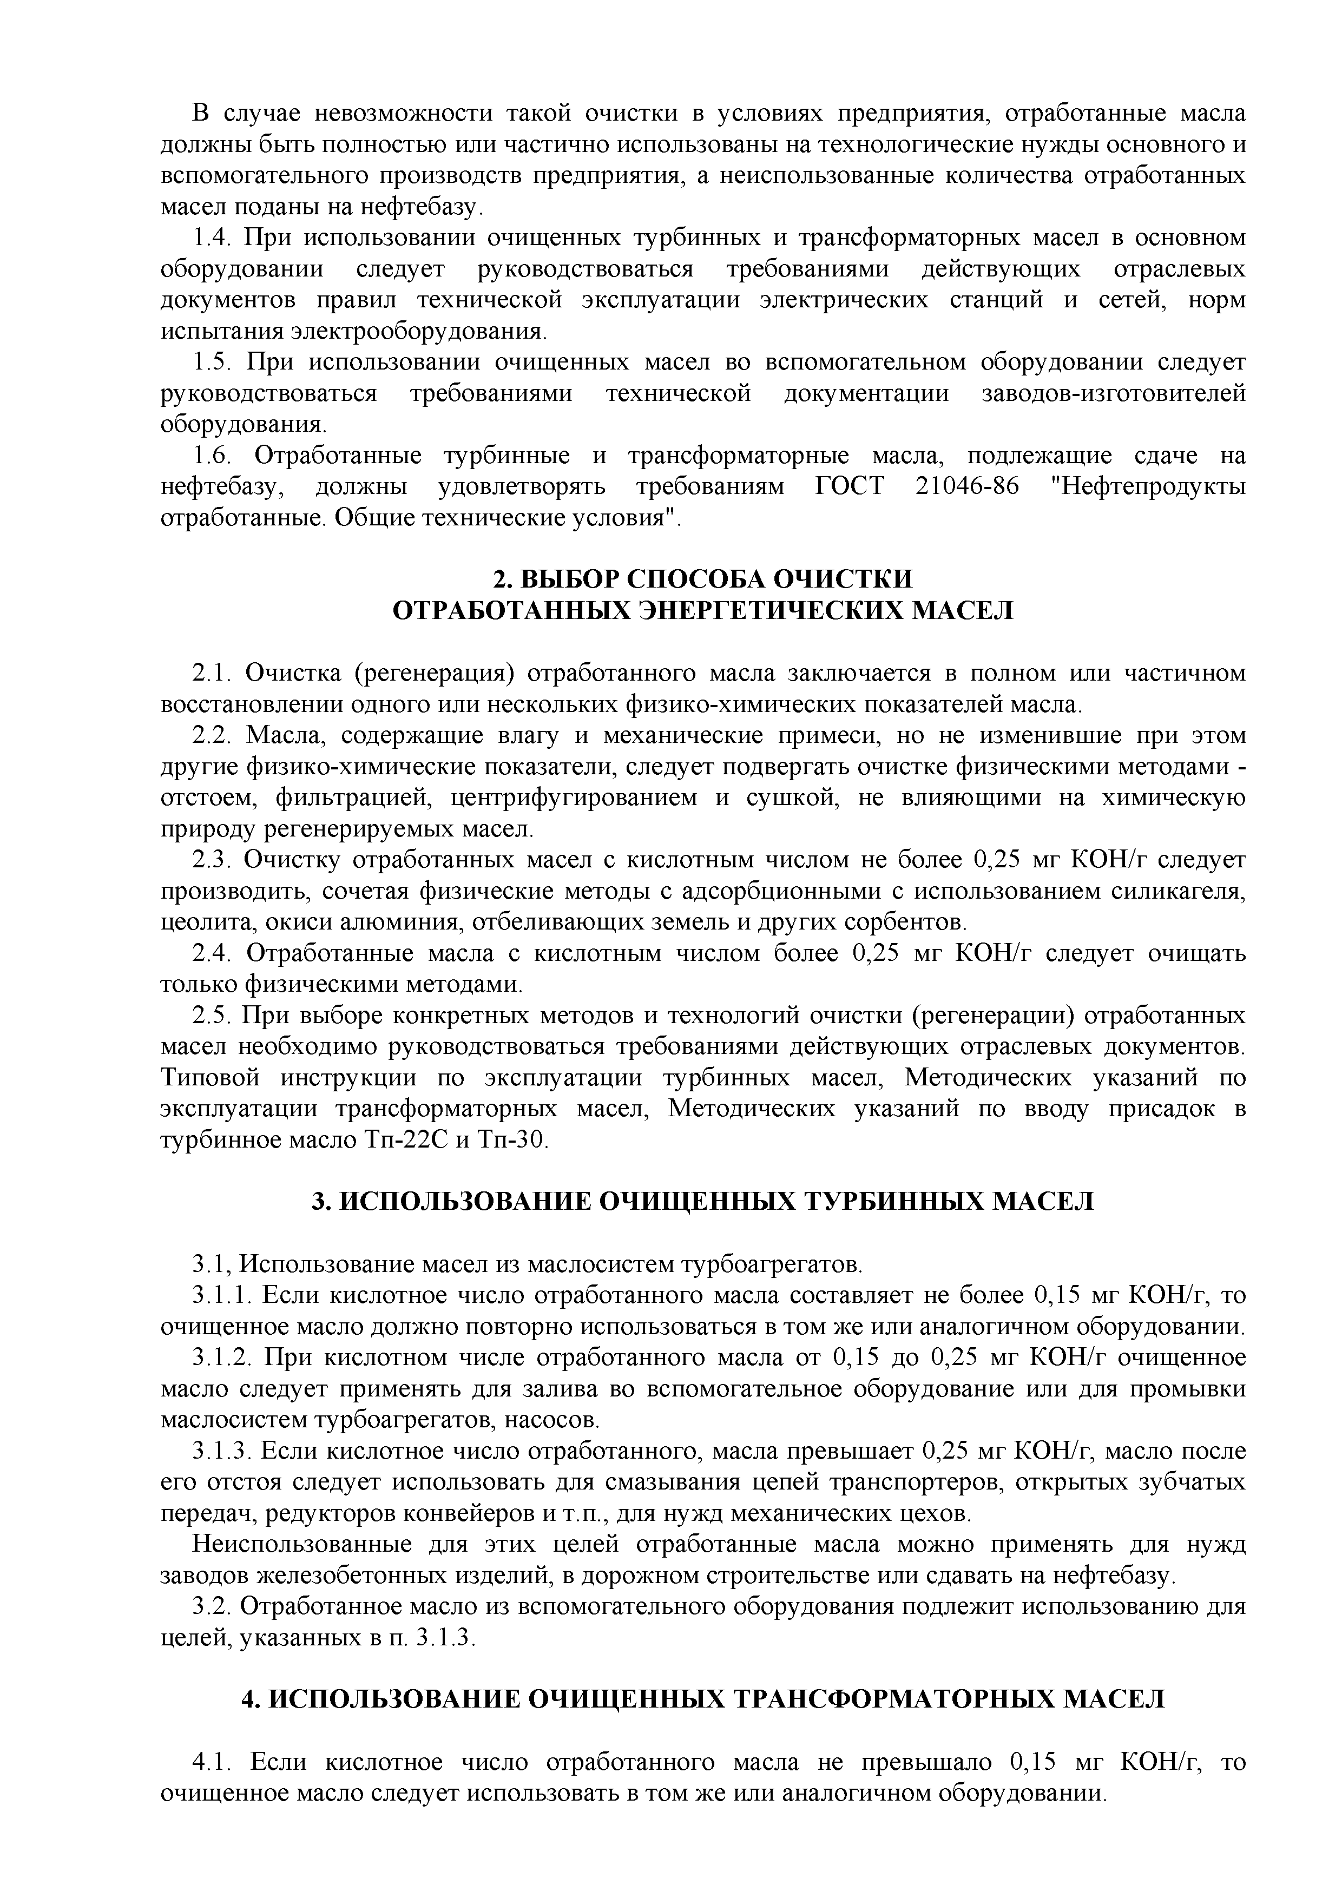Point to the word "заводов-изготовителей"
click(1113, 394)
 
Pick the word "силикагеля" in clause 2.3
click(1187, 892)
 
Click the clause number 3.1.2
click(222, 1357)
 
